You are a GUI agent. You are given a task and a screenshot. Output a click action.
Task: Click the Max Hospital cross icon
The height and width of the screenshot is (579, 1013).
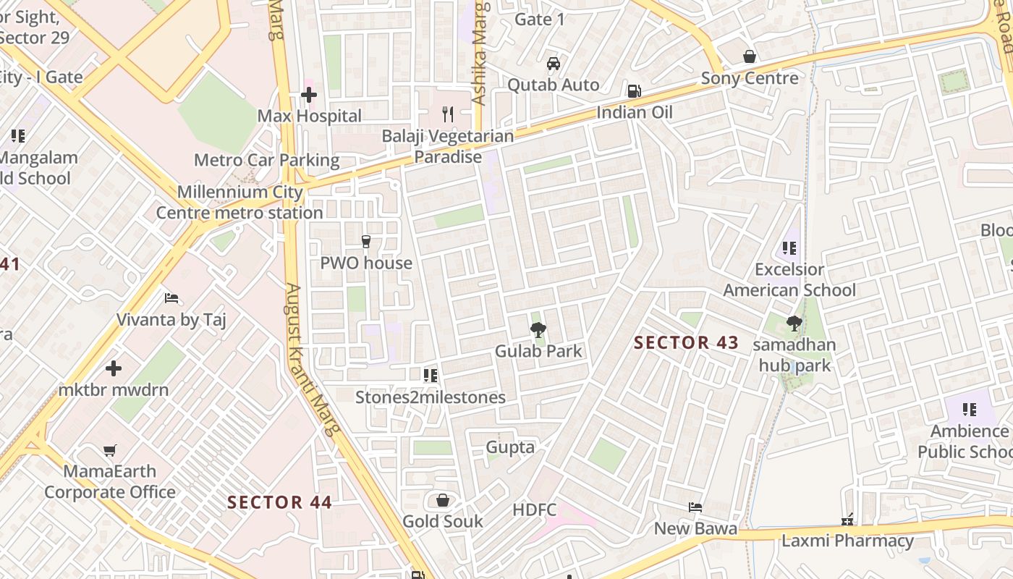tap(309, 95)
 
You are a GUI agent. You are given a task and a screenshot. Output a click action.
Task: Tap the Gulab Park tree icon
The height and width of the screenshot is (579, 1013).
tap(538, 331)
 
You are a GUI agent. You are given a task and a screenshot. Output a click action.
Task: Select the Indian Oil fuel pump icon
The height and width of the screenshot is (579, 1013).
tap(634, 91)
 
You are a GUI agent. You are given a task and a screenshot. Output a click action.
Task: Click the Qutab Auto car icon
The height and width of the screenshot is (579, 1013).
tap(554, 64)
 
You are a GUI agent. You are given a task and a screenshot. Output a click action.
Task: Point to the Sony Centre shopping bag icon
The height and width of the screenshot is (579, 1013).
tap(750, 56)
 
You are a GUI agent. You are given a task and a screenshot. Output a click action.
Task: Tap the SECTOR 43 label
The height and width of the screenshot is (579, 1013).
tap(686, 342)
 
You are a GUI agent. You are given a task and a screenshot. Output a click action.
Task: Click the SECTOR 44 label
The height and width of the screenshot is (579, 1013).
tap(279, 502)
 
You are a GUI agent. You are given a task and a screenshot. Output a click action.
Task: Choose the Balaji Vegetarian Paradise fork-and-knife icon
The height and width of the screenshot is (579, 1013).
tap(448, 114)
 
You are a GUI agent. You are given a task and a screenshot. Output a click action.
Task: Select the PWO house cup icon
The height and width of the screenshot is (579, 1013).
tap(366, 242)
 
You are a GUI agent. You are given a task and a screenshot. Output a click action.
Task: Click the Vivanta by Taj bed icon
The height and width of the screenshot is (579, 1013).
tap(171, 298)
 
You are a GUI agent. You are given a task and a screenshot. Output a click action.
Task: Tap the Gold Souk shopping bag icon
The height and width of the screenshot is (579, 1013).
tap(443, 500)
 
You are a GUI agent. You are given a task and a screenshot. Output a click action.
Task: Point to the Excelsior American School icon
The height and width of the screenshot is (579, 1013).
tap(789, 248)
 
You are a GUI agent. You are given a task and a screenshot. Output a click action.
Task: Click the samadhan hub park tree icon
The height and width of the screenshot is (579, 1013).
tap(794, 324)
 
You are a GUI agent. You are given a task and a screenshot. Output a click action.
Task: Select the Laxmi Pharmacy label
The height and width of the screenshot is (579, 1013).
tap(847, 541)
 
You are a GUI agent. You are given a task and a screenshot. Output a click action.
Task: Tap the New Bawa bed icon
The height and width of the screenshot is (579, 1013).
tap(695, 507)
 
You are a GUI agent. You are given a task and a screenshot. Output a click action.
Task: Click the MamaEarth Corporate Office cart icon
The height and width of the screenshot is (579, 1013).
tap(109, 451)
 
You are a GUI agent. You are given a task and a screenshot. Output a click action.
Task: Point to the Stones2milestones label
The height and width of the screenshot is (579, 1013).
tap(431, 397)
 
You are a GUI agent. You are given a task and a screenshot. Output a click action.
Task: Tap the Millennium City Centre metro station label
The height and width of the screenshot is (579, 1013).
tap(240, 203)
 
